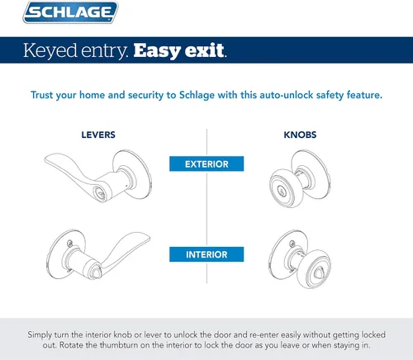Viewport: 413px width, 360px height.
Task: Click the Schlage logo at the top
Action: tap(70, 12)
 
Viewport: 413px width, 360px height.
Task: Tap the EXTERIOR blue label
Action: tap(206, 163)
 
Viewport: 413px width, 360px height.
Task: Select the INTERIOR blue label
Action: tap(206, 254)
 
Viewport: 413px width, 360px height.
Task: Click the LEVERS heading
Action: tap(98, 135)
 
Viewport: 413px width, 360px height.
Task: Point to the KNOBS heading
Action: tap(300, 135)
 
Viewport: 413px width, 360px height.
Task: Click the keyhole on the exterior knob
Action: tap(281, 190)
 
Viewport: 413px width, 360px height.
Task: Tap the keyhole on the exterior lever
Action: tap(99, 193)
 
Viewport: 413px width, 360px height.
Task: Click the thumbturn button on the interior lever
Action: tap(96, 273)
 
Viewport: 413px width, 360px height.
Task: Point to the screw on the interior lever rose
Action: tap(70, 243)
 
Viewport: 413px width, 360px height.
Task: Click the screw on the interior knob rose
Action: tap(292, 244)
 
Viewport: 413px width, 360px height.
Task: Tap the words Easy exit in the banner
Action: tap(179, 50)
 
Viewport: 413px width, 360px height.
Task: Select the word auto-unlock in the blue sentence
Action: tap(287, 95)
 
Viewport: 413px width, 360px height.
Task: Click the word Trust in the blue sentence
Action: tap(41, 95)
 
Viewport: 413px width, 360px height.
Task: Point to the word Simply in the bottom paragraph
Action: tap(40, 335)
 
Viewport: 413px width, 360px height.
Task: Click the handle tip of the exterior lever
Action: tap(47, 159)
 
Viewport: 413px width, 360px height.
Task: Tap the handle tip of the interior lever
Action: tap(148, 237)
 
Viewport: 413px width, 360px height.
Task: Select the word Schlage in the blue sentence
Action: tap(197, 95)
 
